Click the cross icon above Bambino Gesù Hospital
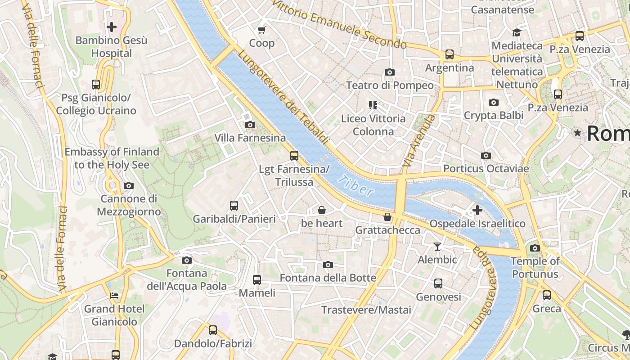pyautogui.click(x=112, y=27)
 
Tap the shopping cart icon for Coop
pyautogui.click(x=261, y=30)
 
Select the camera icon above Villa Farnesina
pyautogui.click(x=250, y=125)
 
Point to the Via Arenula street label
pyautogui.click(x=419, y=141)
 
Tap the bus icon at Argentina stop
pyautogui.click(x=449, y=54)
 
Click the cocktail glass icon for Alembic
pyautogui.click(x=437, y=246)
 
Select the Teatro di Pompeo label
pyautogui.click(x=390, y=85)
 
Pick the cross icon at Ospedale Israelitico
pyautogui.click(x=477, y=210)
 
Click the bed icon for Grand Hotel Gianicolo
pyautogui.click(x=114, y=296)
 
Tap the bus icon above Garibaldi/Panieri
pyautogui.click(x=234, y=206)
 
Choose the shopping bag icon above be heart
pyautogui.click(x=322, y=210)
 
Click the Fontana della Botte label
pyautogui.click(x=328, y=278)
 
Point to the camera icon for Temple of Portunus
pyautogui.click(x=535, y=248)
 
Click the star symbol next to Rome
pyautogui.click(x=577, y=133)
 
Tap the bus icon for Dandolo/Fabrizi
pyautogui.click(x=213, y=330)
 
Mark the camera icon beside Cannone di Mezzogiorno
pyautogui.click(x=129, y=185)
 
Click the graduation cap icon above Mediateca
pyautogui.click(x=517, y=32)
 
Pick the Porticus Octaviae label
pyautogui.click(x=486, y=169)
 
